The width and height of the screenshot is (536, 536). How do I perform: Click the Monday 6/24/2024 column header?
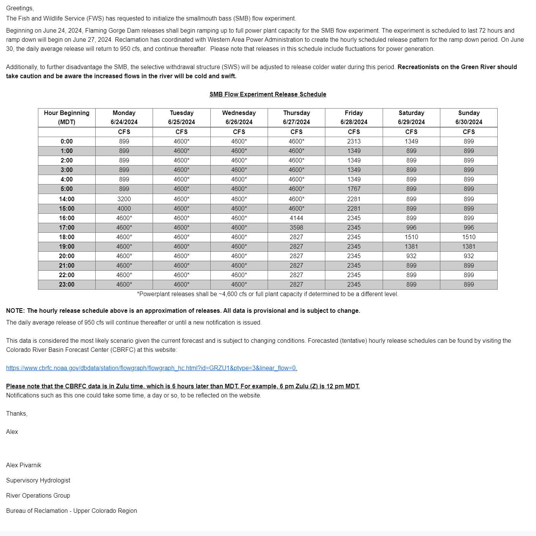[124, 117]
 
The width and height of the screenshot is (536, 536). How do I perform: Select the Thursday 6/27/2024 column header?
[296, 117]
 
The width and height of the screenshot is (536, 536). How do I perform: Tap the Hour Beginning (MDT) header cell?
[67, 117]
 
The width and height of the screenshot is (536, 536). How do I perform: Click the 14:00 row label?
[67, 199]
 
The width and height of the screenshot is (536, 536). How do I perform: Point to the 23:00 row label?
[67, 284]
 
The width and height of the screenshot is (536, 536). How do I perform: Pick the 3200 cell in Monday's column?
[124, 199]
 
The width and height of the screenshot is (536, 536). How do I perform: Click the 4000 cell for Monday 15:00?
[124, 208]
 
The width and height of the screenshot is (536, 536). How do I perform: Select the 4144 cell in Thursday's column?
[296, 218]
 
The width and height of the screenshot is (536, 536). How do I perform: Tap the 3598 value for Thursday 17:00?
[296, 227]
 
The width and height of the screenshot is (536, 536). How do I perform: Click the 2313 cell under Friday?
[354, 141]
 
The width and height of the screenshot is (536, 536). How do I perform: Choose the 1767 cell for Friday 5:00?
[354, 189]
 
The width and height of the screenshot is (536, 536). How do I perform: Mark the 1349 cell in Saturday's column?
[411, 141]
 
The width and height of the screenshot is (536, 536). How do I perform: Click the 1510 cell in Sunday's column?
[469, 237]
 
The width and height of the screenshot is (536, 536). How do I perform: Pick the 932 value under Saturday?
[411, 256]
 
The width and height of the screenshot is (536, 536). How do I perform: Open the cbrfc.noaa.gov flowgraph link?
[151, 368]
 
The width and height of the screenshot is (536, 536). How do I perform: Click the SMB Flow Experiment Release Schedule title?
[268, 94]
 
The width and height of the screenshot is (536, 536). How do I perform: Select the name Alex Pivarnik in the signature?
[24, 465]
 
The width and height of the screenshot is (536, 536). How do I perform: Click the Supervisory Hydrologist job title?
[38, 480]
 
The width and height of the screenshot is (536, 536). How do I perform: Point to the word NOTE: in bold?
[15, 311]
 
